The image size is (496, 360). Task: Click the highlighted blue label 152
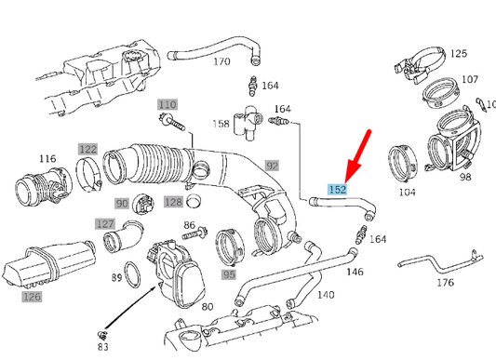pyautogui.click(x=336, y=188)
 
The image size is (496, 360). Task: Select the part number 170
pyautogui.click(x=220, y=62)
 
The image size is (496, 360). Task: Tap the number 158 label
pyautogui.click(x=221, y=123)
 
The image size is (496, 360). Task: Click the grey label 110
pyautogui.click(x=167, y=104)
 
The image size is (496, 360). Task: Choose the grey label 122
pyautogui.click(x=87, y=149)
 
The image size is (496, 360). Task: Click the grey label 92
pyautogui.click(x=273, y=167)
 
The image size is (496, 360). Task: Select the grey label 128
pyautogui.click(x=174, y=202)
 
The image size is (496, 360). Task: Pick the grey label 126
pyautogui.click(x=33, y=297)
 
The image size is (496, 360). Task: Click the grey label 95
pyautogui.click(x=229, y=274)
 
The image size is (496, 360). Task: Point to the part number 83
pyautogui.click(x=102, y=347)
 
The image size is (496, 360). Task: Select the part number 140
pyautogui.click(x=325, y=295)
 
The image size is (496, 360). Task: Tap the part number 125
pyautogui.click(x=459, y=54)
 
